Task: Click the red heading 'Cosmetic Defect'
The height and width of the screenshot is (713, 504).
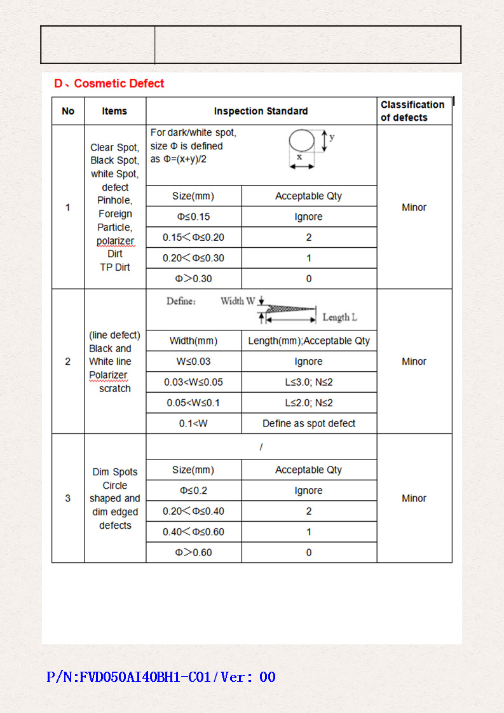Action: pyautogui.click(x=119, y=83)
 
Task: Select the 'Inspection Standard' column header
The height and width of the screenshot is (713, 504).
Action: pyautogui.click(x=261, y=111)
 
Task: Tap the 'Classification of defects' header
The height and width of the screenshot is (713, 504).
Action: pyautogui.click(x=412, y=111)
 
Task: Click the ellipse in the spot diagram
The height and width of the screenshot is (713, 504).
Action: pyautogui.click(x=302, y=140)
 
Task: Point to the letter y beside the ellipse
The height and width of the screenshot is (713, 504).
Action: pyautogui.click(x=332, y=137)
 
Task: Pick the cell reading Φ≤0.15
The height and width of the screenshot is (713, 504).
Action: pyautogui.click(x=193, y=217)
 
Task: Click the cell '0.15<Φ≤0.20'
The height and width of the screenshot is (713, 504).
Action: pyautogui.click(x=193, y=238)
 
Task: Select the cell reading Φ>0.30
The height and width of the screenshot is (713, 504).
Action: pyautogui.click(x=193, y=278)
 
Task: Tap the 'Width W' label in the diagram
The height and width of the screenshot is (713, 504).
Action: pyautogui.click(x=238, y=301)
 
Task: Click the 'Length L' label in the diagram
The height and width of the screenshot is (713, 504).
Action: pyautogui.click(x=340, y=317)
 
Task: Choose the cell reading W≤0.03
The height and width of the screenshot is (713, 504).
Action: pyautogui.click(x=193, y=362)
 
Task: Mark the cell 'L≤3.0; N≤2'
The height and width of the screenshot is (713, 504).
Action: pyautogui.click(x=309, y=382)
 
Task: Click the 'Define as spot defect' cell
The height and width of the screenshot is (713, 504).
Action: pyautogui.click(x=309, y=423)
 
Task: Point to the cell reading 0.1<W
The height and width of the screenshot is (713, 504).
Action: pyautogui.click(x=193, y=423)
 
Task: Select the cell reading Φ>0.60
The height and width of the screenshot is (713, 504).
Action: pyautogui.click(x=193, y=552)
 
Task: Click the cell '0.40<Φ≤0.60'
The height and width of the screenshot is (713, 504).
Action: pyautogui.click(x=193, y=532)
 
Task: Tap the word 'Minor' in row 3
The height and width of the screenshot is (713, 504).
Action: pyautogui.click(x=414, y=498)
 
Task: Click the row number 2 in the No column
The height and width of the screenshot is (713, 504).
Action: pyautogui.click(x=68, y=362)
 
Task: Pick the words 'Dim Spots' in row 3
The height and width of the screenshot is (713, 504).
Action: pyautogui.click(x=115, y=472)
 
